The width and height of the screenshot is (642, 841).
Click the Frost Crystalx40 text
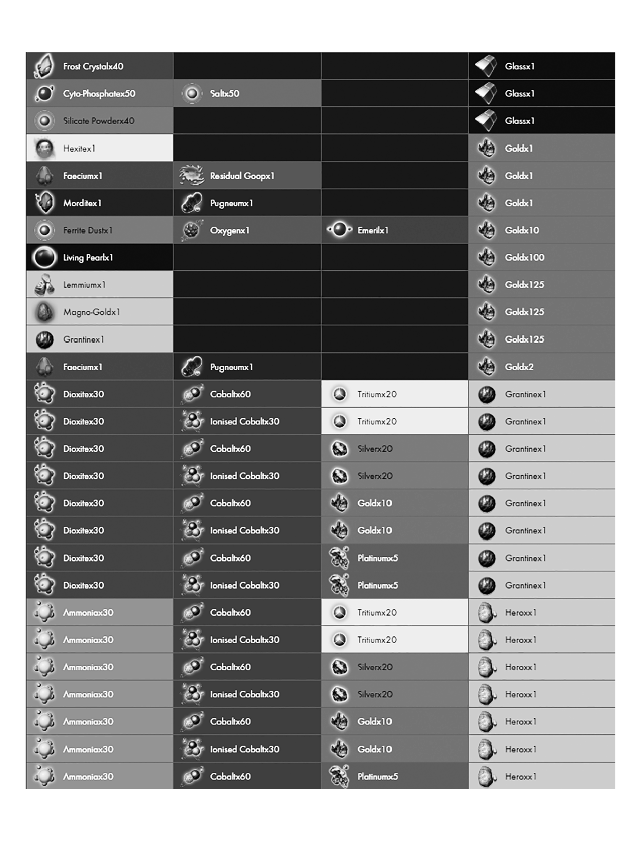point(93,66)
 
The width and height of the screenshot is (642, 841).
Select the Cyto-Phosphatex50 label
point(99,93)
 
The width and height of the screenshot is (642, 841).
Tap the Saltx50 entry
point(224,93)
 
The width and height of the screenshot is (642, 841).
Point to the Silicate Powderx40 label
point(99,121)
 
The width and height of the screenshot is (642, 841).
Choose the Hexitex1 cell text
point(79,149)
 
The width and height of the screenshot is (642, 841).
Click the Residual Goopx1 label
point(242,176)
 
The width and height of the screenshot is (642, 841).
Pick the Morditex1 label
point(82,203)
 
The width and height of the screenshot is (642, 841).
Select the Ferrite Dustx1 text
point(88,231)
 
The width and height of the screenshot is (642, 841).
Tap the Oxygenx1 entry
point(229,231)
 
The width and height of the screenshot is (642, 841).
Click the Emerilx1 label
point(373,231)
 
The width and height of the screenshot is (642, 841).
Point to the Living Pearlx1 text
point(88,257)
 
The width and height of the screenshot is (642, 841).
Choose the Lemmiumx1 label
point(84,285)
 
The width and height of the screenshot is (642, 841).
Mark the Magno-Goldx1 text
point(91,312)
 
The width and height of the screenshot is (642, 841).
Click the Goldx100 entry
point(524,257)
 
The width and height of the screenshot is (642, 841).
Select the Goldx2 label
point(519,367)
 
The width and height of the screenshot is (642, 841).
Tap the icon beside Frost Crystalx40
point(45,66)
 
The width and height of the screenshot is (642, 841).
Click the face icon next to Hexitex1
point(45,149)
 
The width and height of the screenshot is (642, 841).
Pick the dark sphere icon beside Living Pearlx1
point(45,257)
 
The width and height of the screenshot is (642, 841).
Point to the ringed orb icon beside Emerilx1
point(339,230)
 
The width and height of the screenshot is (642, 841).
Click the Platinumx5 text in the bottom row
point(377,776)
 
